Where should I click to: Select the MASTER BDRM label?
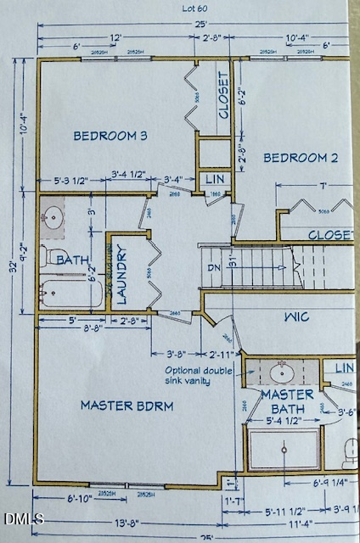pyautogui.click(x=127, y=406)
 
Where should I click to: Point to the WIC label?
pyautogui.click(x=296, y=317)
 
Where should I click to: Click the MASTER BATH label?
pyautogui.click(x=287, y=401)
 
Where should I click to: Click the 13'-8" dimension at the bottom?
pyautogui.click(x=123, y=521)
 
